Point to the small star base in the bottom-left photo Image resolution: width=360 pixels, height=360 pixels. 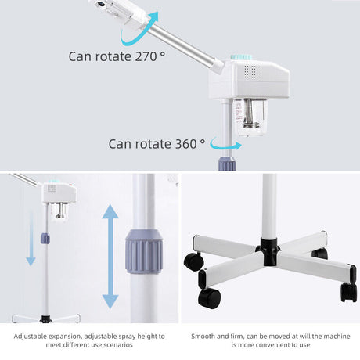(x=45, y=317)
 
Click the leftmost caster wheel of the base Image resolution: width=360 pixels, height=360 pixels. (x=190, y=261)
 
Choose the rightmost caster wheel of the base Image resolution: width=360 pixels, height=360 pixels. (x=348, y=292)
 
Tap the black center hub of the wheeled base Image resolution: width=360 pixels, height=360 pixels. (x=268, y=253)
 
